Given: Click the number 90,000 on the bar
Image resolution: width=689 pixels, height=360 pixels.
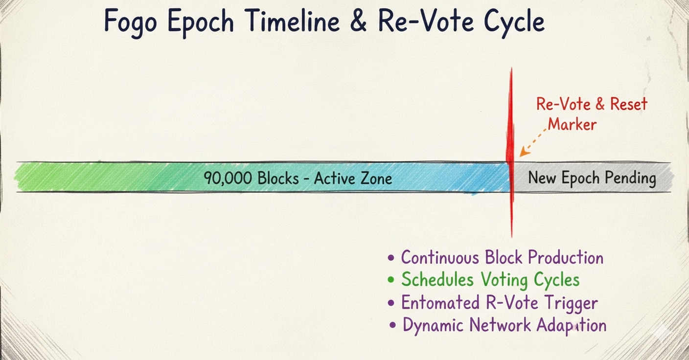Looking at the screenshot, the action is point(228,178).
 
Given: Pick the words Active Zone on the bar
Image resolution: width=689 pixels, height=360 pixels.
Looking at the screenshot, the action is point(353,178).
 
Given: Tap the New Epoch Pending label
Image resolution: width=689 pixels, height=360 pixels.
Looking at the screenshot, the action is point(592,178).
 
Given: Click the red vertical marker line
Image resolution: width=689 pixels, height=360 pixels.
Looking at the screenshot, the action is point(511,152).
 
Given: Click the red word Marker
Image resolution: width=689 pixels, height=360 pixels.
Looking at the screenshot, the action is point(572,125).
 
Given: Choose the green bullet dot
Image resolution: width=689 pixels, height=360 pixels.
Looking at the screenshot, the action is point(391,280).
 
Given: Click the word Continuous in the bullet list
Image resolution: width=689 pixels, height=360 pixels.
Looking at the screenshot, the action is point(440,257).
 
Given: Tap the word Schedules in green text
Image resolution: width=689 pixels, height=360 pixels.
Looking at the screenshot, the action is point(437,279).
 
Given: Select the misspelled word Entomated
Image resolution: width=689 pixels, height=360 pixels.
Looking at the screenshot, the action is point(440,302).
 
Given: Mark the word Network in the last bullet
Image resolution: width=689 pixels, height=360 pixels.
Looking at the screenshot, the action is point(500,325).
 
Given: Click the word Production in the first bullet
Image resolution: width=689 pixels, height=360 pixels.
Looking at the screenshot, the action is point(566,257).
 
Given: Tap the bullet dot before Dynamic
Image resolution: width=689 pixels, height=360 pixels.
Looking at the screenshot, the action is point(392,325).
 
